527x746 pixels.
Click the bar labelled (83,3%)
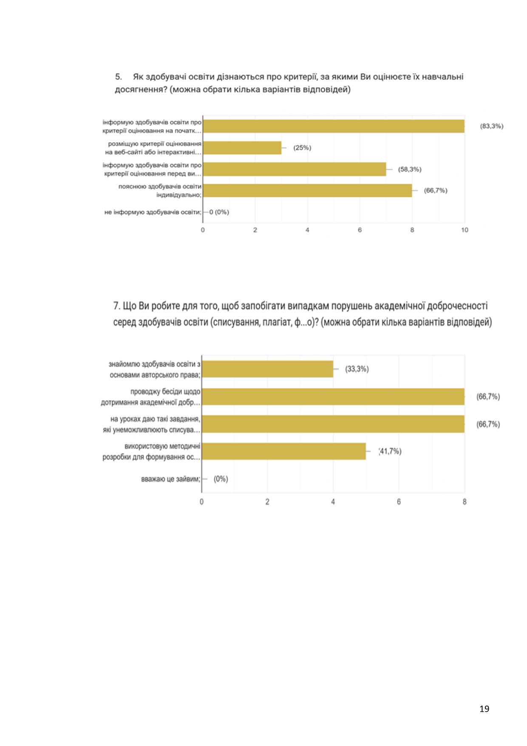click(334, 126)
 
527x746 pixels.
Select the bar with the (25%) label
click(242, 148)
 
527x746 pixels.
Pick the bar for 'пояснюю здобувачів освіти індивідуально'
click(308, 190)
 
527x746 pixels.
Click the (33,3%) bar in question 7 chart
click(267, 369)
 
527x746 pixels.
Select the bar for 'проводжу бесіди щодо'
click(333, 397)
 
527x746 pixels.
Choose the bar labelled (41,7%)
click(283, 451)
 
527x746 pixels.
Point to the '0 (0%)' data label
click(219, 212)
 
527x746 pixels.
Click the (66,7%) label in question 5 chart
click(436, 190)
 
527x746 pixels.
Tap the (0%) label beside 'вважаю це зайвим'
click(221, 479)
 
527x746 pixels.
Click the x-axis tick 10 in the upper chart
click(465, 230)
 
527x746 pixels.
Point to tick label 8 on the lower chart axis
click(465, 502)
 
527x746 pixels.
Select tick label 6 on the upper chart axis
click(360, 230)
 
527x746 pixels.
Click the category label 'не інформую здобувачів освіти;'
click(153, 212)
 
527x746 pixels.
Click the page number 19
click(484, 709)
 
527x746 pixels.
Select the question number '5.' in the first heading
click(119, 77)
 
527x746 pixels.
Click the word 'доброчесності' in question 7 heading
click(457, 306)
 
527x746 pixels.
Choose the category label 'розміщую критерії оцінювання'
click(155, 144)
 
